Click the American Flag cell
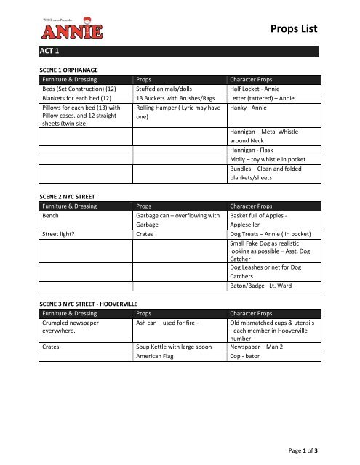159,347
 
